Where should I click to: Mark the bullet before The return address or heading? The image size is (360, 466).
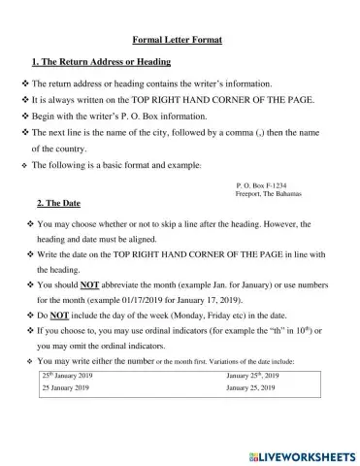tap(25, 84)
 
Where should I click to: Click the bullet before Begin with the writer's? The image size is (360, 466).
tap(25, 116)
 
